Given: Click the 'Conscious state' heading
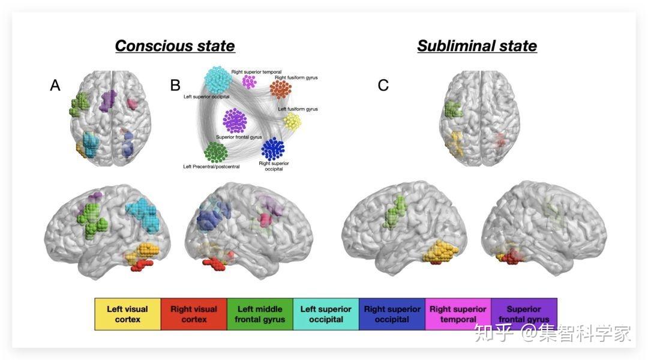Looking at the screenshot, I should click(x=175, y=46).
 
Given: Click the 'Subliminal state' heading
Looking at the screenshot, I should click(x=477, y=46).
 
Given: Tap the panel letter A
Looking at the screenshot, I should click(x=55, y=86).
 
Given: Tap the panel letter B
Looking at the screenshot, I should click(x=175, y=86).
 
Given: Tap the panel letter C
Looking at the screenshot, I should click(x=383, y=86).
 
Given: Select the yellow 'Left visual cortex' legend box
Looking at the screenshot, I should click(x=128, y=314).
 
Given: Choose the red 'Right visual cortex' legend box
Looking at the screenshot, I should click(x=194, y=314).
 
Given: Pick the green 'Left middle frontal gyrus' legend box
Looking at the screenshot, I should click(x=260, y=314).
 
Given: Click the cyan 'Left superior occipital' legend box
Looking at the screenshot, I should click(x=326, y=314).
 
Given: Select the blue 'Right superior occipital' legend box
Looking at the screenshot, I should click(x=392, y=314).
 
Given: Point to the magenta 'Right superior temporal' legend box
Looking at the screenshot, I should click(x=458, y=314).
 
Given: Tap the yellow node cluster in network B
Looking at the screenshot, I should click(x=292, y=122).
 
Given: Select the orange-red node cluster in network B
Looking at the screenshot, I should click(x=280, y=89).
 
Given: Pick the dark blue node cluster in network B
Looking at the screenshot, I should click(x=273, y=148).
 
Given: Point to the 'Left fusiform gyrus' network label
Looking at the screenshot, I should click(x=298, y=109).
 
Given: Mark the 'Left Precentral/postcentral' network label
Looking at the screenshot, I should click(x=211, y=166).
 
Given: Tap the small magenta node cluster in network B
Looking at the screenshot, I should click(x=249, y=81).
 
